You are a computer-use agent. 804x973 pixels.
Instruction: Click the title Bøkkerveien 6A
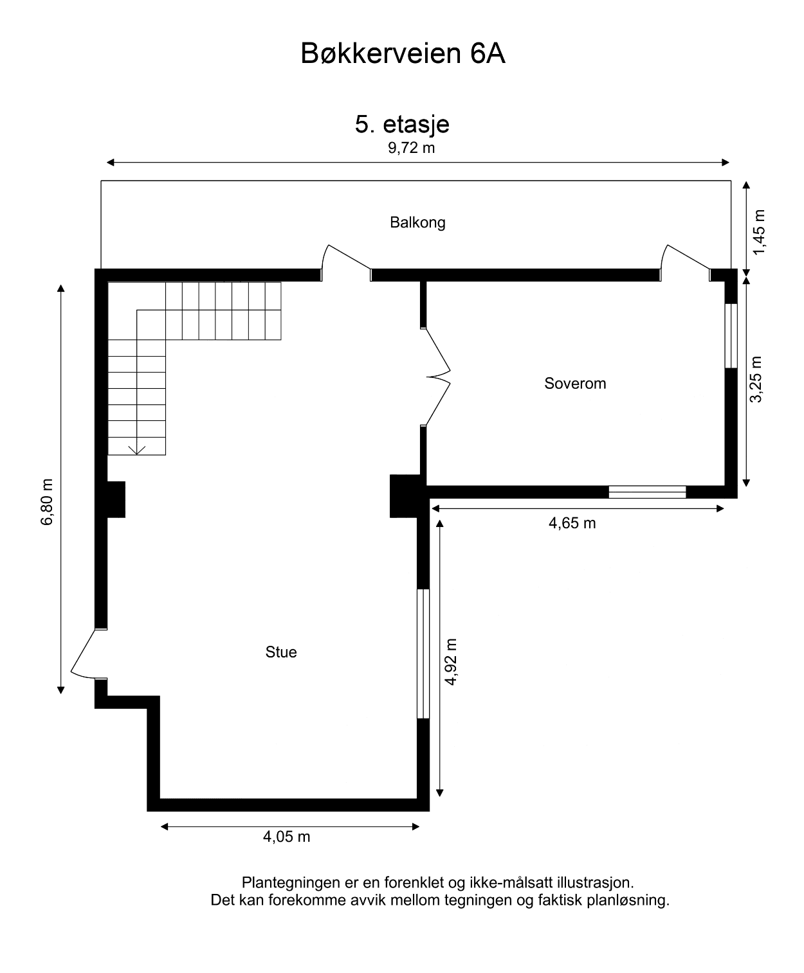tap(403, 55)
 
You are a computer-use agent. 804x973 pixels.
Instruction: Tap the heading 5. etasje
tap(402, 124)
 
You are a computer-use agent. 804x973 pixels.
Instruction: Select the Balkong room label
tap(417, 223)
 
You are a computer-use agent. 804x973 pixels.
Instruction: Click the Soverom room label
tap(575, 384)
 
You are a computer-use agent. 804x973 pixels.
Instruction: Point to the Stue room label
tap(281, 652)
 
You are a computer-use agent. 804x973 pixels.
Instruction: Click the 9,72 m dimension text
tap(411, 148)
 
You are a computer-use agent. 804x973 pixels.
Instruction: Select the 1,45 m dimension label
tap(760, 231)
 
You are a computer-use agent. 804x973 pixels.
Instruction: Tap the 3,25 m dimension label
tap(756, 379)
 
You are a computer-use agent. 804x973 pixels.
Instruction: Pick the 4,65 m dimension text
tap(572, 524)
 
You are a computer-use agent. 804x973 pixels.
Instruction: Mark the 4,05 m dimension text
tap(286, 837)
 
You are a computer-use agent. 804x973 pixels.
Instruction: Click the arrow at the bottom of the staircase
tap(136, 449)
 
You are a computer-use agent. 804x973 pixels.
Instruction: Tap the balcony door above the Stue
tap(346, 262)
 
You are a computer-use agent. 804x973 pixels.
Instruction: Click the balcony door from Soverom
tap(686, 262)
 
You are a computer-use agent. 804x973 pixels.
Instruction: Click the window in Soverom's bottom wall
tap(647, 492)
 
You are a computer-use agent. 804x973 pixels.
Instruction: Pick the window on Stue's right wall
tap(423, 653)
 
